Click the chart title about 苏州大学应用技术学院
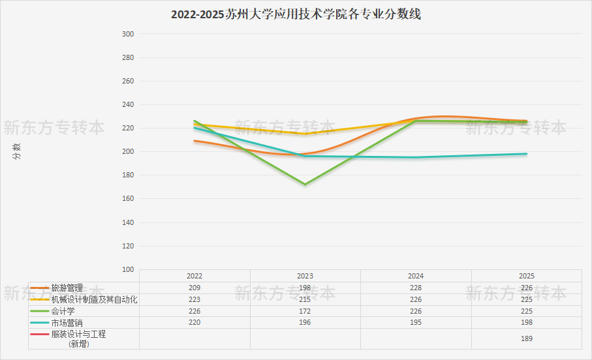coord(296,14)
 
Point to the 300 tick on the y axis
coord(128,34)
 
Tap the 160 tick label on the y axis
coord(128,198)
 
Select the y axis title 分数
coord(16,151)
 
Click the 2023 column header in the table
coord(305,277)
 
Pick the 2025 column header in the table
coord(527,277)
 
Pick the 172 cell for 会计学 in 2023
coord(305,311)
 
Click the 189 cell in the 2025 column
coord(527,339)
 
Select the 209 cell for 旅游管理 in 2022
coord(195,288)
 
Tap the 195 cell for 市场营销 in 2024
coord(416,323)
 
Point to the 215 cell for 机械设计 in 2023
coord(305,299)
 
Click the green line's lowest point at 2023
coord(305,185)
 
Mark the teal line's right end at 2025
coord(527,154)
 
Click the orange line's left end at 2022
coord(195,141)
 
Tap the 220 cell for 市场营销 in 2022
coord(195,323)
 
